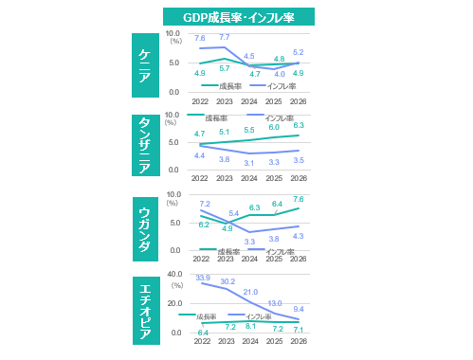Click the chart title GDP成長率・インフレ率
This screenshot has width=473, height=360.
pyautogui.click(x=238, y=17)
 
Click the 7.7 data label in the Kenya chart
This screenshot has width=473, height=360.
pyautogui.click(x=225, y=37)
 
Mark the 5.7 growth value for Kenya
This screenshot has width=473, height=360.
pyautogui.click(x=225, y=68)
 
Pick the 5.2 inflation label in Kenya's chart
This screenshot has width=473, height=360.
pyautogui.click(x=299, y=52)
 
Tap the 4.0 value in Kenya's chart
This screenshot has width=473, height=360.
pyautogui.click(x=279, y=73)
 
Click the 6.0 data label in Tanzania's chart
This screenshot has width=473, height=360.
pyautogui.click(x=274, y=127)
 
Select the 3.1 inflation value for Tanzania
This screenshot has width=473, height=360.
pyautogui.click(x=249, y=163)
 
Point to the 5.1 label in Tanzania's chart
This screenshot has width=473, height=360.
pyautogui.click(x=225, y=132)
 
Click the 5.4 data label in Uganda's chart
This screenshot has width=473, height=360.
pyautogui.click(x=233, y=214)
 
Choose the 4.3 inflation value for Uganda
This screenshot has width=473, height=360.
pyautogui.click(x=298, y=236)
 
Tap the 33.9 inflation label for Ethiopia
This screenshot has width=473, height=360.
pyautogui.click(x=202, y=279)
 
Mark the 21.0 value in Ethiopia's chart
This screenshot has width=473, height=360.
pyautogui.click(x=250, y=292)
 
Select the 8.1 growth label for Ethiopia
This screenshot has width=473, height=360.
pyautogui.click(x=250, y=326)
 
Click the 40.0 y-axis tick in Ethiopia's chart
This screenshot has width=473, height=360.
pyautogui.click(x=174, y=274)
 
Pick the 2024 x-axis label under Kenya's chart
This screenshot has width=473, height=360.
pyautogui.click(x=249, y=101)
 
